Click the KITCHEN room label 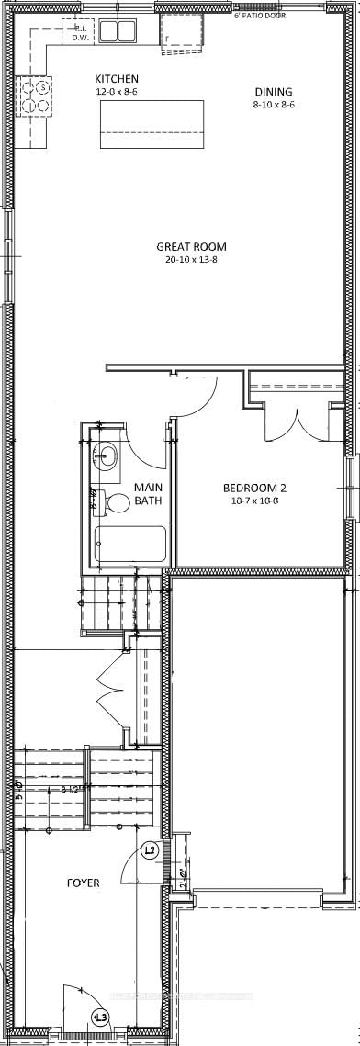pos(117,80)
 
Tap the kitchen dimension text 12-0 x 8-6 pos(117,93)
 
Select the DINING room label pos(274,92)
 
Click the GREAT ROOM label pos(191,246)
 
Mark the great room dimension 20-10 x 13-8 pos(190,259)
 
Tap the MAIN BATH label pos(149,493)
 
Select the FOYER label pos(83,883)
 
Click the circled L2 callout pos(151,850)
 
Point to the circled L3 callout pos(100,1016)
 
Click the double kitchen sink pos(117,32)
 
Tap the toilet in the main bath pos(116,503)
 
